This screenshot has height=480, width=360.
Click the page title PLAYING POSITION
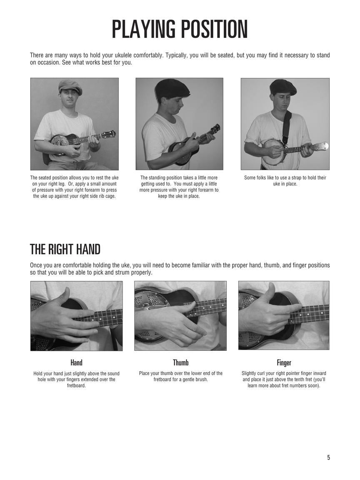pyautogui.click(x=180, y=30)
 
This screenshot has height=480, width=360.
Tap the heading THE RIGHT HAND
pyautogui.click(x=65, y=249)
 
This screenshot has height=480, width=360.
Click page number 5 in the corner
pyautogui.click(x=328, y=457)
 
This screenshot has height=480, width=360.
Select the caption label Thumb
pyautogui.click(x=180, y=363)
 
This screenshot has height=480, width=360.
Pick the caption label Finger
pyautogui.click(x=284, y=363)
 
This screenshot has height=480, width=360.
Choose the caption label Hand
pyautogui.click(x=76, y=363)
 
